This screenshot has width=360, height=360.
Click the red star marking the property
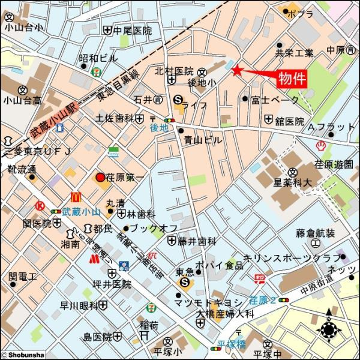pyautogui.click(x=237, y=71)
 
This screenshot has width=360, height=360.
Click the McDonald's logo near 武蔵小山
pyautogui.click(x=76, y=196)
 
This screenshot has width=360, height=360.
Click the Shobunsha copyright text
pyautogui.click(x=23, y=355)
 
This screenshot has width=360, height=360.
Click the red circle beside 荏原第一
pyautogui.click(x=100, y=178)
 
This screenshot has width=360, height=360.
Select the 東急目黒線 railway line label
pyautogui.click(x=118, y=86)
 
